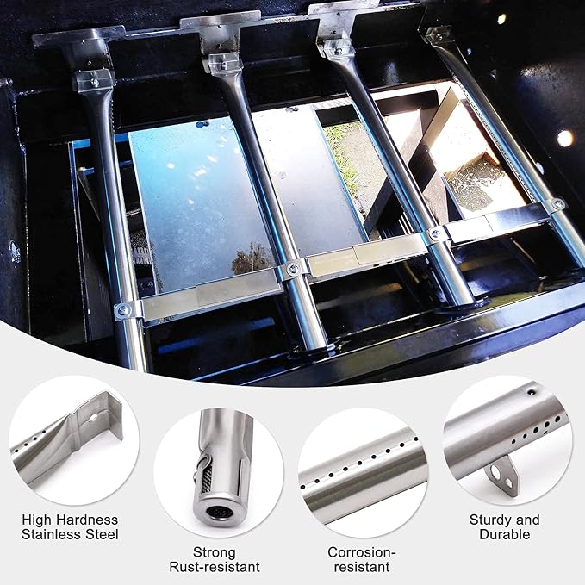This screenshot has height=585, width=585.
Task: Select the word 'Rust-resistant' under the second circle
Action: pos(215,567)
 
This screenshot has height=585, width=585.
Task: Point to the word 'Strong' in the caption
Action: pos(215,552)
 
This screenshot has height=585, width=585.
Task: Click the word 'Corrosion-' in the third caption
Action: pos(362,552)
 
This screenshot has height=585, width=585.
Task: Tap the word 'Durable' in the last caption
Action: pos(504,534)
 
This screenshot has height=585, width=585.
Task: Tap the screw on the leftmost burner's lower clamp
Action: pos(122,310)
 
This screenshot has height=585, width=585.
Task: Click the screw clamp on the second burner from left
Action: pos(293,269)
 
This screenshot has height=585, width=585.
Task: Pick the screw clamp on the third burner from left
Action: pos(435,234)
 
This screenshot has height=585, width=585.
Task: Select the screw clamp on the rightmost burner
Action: pos(557,203)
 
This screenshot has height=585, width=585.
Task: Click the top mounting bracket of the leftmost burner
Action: pos(91,81)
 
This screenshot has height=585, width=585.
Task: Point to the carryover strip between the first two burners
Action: pos(211,295)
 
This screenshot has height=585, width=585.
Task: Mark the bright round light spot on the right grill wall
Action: pos(565,139)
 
